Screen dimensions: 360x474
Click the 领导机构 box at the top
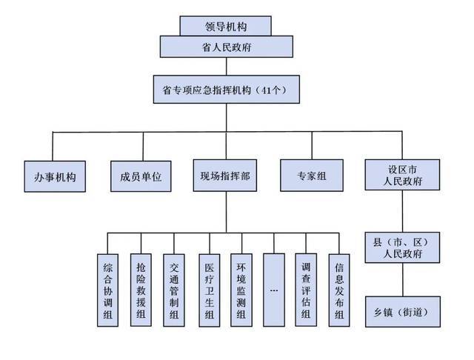coord(225,26)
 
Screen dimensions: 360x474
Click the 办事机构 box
coord(56,178)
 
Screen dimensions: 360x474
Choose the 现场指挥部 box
coord(225,178)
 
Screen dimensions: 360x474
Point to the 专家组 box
coord(311,178)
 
